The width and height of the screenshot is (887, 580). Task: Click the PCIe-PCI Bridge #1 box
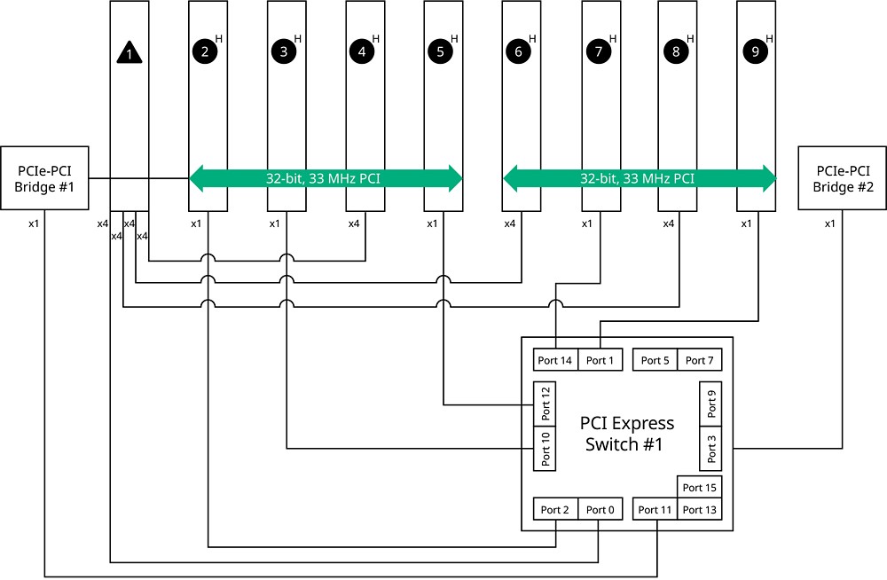click(x=44, y=178)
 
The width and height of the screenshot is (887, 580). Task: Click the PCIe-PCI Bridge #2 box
click(x=842, y=178)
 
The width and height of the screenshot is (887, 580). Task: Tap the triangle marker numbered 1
click(x=130, y=53)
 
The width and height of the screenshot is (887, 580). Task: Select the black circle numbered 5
click(x=440, y=51)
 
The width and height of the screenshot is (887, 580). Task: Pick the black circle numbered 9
click(x=755, y=51)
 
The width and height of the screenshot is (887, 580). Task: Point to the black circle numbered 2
click(x=204, y=51)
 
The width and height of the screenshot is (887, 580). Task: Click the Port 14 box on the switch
click(x=555, y=360)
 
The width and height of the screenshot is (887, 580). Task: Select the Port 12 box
click(x=546, y=404)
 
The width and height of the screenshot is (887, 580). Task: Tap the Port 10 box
click(x=546, y=448)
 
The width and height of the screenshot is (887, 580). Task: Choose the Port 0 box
click(x=600, y=510)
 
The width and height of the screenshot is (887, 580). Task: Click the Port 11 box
click(x=655, y=510)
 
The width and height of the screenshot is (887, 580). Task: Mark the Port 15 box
click(x=700, y=488)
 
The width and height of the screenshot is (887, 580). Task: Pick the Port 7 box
click(x=700, y=360)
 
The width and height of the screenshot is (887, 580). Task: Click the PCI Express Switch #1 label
click(x=627, y=434)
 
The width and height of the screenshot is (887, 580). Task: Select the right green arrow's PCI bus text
click(x=637, y=178)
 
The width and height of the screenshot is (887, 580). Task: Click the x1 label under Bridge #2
click(x=830, y=223)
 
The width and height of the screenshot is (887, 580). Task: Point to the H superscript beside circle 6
click(x=532, y=38)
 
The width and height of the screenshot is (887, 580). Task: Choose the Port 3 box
click(x=711, y=448)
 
